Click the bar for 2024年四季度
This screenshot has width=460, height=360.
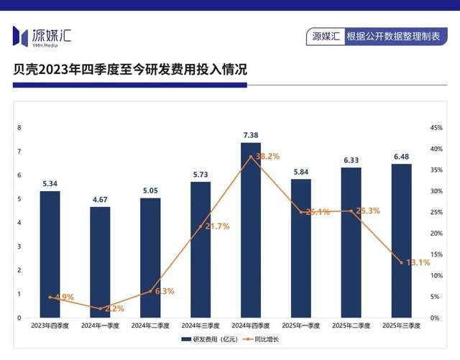click(251, 230)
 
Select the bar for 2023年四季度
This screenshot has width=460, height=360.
click(50, 254)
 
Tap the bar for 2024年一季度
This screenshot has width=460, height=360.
click(101, 262)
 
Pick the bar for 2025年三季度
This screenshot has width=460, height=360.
click(401, 241)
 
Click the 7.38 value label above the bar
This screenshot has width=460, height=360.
click(251, 135)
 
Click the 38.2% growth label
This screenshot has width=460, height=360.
click(267, 156)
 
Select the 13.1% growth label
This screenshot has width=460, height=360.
click(418, 262)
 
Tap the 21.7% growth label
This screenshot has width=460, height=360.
click(217, 226)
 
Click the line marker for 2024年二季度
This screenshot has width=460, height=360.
click(150, 292)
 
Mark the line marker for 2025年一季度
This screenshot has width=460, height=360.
click(301, 212)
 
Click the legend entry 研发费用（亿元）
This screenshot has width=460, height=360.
click(212, 338)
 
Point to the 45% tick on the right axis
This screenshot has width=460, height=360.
click(436, 128)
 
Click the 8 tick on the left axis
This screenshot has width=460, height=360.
click(19, 128)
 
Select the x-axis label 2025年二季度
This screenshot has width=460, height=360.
click(351, 326)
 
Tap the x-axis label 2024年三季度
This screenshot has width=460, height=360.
click(201, 326)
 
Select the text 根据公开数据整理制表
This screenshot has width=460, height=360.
click(392, 35)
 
